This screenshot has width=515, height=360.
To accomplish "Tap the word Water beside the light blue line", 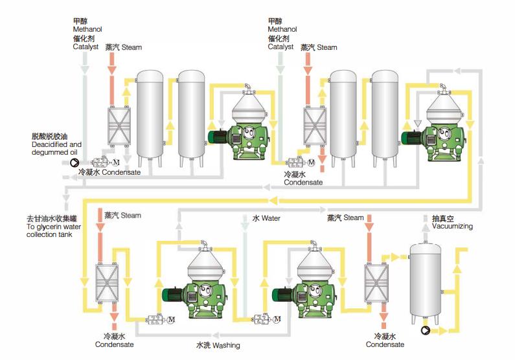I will click(x=271, y=219).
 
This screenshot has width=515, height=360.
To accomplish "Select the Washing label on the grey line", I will click(x=225, y=345).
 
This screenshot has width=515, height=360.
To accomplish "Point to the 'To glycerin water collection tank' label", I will click(x=44, y=227).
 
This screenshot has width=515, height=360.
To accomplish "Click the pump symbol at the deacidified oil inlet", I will click(x=74, y=163).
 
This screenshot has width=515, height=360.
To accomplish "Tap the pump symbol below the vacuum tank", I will click(x=426, y=330).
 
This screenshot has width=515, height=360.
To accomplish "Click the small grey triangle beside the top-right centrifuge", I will click(x=418, y=124).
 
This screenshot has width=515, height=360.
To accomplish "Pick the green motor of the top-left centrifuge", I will click(x=218, y=136).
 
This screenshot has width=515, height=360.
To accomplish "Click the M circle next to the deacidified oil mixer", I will click(x=117, y=162).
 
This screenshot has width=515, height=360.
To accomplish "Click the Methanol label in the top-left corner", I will click(x=87, y=30).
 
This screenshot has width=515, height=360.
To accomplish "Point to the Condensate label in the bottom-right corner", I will click(x=385, y=344).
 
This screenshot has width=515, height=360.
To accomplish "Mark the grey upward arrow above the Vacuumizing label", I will click(x=426, y=217).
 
